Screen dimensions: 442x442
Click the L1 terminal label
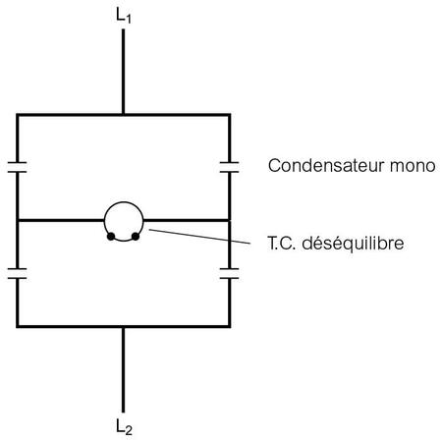124,16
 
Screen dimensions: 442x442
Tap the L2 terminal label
124,427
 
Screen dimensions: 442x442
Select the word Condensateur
326,166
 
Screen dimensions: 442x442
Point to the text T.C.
282,244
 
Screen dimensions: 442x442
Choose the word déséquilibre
353,244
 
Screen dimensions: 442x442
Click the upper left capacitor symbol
18,167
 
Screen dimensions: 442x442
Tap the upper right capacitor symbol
229,167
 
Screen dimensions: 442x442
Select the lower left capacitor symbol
18,274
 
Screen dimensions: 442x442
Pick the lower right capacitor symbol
229,274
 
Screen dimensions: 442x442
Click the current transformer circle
124,202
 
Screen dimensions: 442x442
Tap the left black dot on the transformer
111,236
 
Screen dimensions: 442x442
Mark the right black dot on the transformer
136,236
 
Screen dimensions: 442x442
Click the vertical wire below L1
123,72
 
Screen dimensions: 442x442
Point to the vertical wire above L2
123,369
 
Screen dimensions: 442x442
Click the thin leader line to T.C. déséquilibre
199,237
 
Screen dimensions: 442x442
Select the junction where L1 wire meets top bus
123,115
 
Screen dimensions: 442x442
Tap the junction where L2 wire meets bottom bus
123,326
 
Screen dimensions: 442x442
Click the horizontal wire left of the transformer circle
61,220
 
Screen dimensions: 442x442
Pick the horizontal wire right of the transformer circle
186,220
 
